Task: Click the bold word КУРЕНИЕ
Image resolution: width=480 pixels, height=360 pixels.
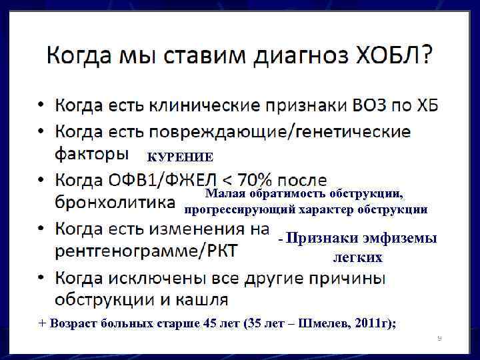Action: coord(180,157)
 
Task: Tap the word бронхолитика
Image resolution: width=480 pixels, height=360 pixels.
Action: coord(115,201)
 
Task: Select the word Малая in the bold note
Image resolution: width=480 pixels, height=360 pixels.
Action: coord(225,194)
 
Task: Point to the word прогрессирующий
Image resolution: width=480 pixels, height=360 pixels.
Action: coord(231,209)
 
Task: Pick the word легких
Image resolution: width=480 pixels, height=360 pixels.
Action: coord(357,257)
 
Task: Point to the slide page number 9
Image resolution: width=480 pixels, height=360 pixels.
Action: coord(439,339)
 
